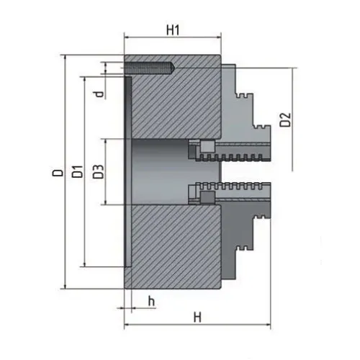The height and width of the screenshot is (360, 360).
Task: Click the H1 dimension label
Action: tap(172, 30)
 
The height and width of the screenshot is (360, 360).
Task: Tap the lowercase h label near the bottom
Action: tap(152, 300)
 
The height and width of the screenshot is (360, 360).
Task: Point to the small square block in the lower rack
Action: tap(206, 197)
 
